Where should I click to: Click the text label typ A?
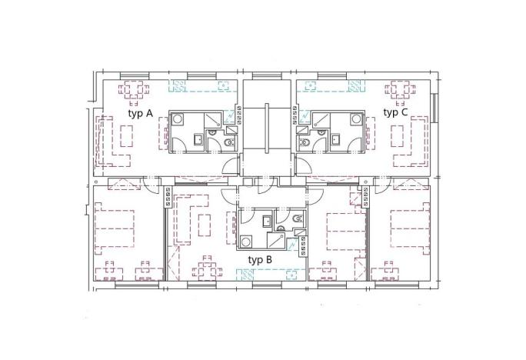tap(141, 113)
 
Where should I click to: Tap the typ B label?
tap(260, 259)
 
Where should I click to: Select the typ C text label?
tap(395, 112)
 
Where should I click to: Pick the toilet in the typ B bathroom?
tap(297, 220)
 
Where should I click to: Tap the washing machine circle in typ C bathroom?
tap(355, 119)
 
